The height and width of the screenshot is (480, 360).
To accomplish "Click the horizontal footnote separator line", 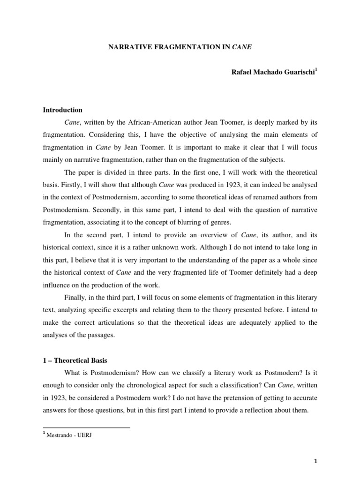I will [86, 427].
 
